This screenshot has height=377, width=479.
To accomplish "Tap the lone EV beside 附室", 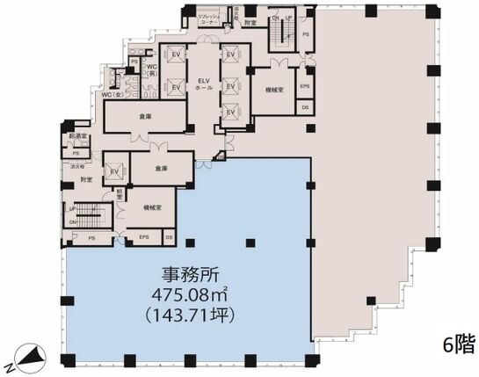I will pos(113,169).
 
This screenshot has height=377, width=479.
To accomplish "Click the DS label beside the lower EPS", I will pos(169,237).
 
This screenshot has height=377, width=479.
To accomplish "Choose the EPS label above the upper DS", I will pos(304,86).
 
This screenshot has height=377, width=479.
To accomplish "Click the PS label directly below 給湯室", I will pos(76,152).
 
